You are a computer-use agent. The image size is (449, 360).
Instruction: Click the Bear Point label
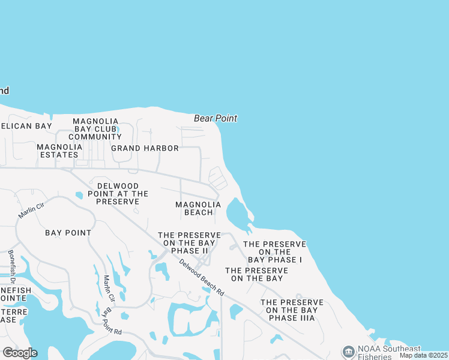pyautogui.click(x=215, y=119)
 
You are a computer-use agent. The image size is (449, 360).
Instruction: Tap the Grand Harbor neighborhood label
pyautogui.click(x=145, y=148)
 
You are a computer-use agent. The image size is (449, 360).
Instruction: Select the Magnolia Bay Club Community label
pyautogui.click(x=95, y=129)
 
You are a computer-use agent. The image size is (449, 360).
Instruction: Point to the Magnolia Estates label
pyautogui.click(x=59, y=151)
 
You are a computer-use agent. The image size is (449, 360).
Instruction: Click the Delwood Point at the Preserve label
pyautogui.click(x=118, y=194)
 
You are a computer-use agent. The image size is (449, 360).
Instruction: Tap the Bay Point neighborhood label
pyautogui.click(x=68, y=233)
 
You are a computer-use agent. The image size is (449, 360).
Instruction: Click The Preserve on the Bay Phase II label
pyautogui.click(x=189, y=242)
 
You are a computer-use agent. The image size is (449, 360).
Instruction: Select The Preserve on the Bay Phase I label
pyautogui.click(x=274, y=252)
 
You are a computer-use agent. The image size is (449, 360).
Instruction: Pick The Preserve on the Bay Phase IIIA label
pyautogui.click(x=292, y=310)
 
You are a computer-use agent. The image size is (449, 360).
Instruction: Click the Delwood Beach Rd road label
pyautogui.click(x=202, y=278)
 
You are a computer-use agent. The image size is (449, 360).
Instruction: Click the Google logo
pyautogui.click(x=20, y=352)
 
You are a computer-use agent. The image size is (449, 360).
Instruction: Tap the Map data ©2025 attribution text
pyautogui.click(x=424, y=355)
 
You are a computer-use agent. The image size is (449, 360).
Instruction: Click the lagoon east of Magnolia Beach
pyautogui.click(x=237, y=213)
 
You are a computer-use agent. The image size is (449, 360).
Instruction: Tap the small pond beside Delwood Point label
pyautogui.click(x=79, y=195)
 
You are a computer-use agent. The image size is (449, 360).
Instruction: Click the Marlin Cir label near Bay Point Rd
pyautogui.click(x=109, y=290)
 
